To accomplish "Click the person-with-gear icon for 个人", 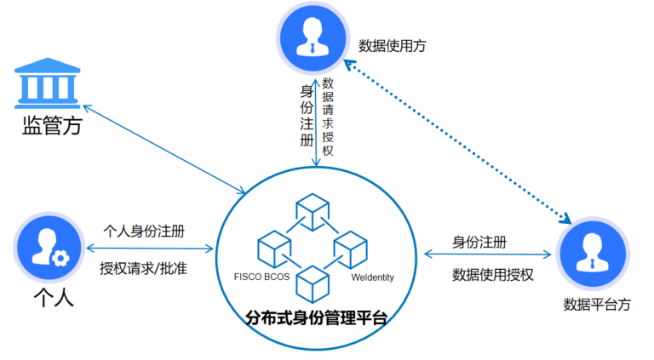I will coord(48,248).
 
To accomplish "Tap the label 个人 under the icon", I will coord(52,299).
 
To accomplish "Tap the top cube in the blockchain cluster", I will coord(312,211).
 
